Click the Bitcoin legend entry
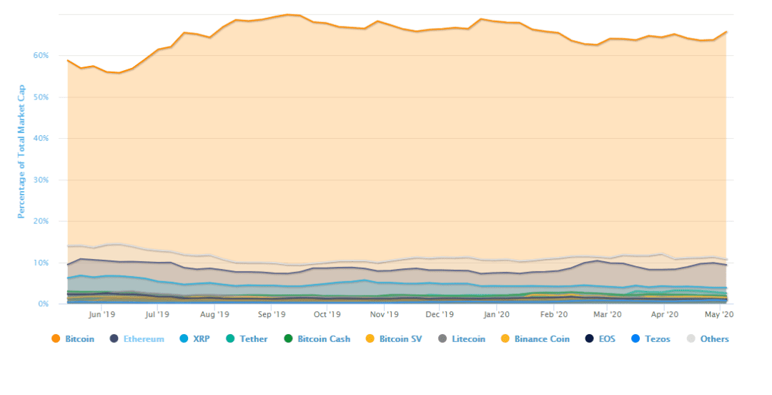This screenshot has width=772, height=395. pyautogui.click(x=73, y=338)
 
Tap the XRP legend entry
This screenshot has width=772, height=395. pyautogui.click(x=194, y=338)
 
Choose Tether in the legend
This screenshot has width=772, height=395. pyautogui.click(x=247, y=338)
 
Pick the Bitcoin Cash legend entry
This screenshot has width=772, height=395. pyautogui.click(x=317, y=338)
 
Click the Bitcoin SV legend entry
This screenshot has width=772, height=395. pyautogui.click(x=393, y=338)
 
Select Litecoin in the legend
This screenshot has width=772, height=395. pyautogui.click(x=461, y=338)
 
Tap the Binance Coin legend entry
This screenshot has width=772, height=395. pyautogui.click(x=535, y=338)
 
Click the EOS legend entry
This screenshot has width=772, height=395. pyautogui.click(x=600, y=338)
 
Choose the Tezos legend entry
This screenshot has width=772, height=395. pyautogui.click(x=650, y=338)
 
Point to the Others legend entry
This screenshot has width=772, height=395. pyautogui.click(x=708, y=338)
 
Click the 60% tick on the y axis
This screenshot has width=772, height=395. pyautogui.click(x=41, y=56)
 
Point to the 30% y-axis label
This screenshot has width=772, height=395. pyautogui.click(x=41, y=180)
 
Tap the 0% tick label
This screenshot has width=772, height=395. pyautogui.click(x=44, y=304)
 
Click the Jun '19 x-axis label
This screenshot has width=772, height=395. pyautogui.click(x=102, y=315)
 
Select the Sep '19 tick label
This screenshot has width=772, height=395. pyautogui.click(x=272, y=315)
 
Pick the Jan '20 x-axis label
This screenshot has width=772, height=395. pyautogui.click(x=497, y=315)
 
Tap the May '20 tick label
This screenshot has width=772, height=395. pyautogui.click(x=719, y=315)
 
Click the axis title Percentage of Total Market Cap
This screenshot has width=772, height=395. pyautogui.click(x=21, y=152)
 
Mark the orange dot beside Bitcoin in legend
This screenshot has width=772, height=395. pyautogui.click(x=56, y=338)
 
